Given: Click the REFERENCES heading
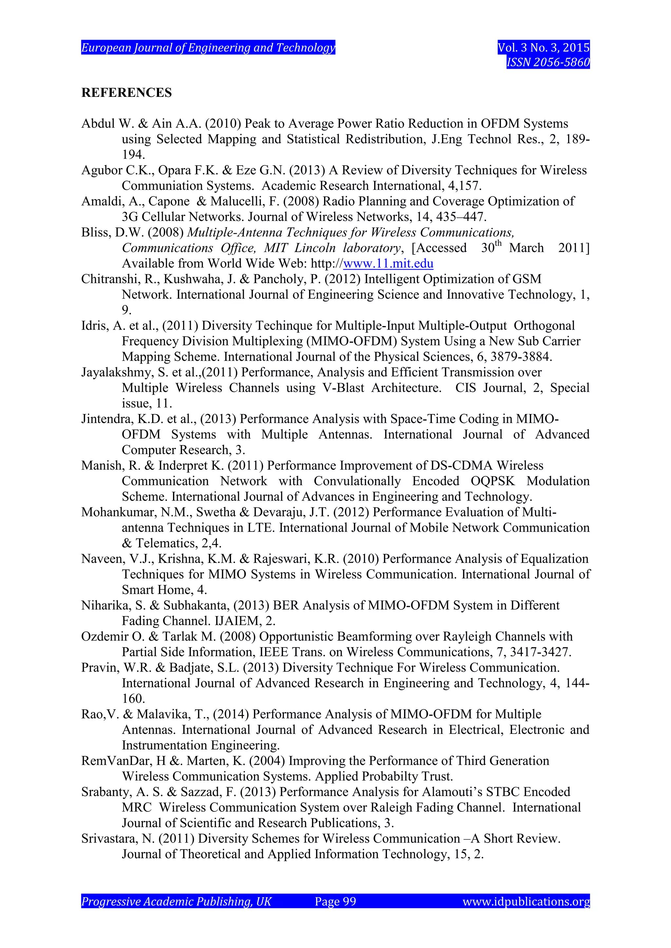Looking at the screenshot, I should pyautogui.click(x=126, y=93).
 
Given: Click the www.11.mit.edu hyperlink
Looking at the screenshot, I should pyautogui.click(x=388, y=264).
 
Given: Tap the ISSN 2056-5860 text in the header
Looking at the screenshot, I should pyautogui.click(x=548, y=62).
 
